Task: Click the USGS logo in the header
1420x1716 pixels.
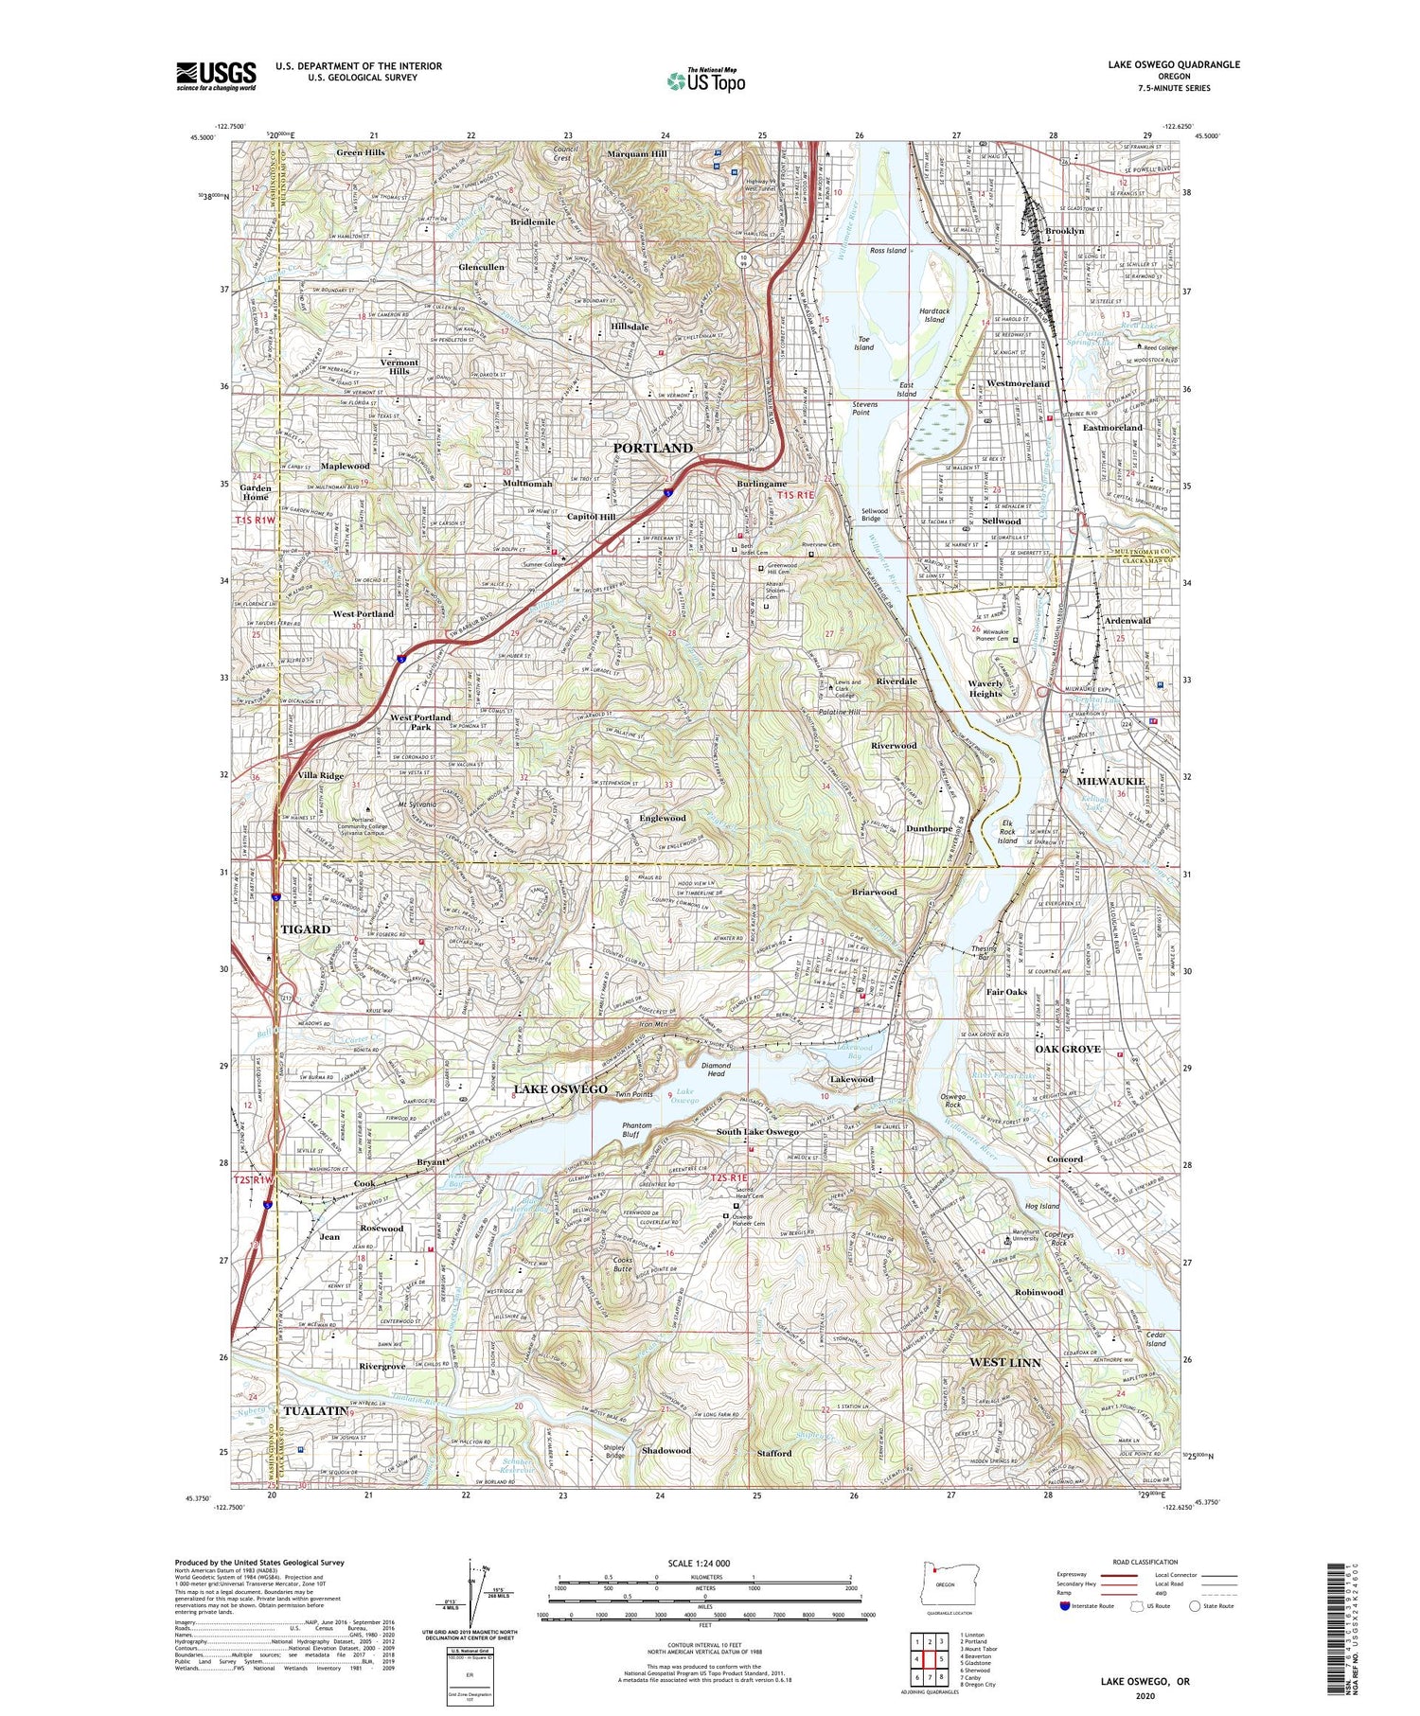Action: pyautogui.click(x=216, y=76)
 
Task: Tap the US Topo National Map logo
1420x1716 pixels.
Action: pyautogui.click(x=706, y=81)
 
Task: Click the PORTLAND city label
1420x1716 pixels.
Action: pyautogui.click(x=652, y=448)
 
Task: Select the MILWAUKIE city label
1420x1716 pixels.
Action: pyautogui.click(x=1109, y=782)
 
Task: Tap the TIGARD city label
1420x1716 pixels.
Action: pyautogui.click(x=305, y=929)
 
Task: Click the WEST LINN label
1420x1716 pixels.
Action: pyautogui.click(x=1004, y=1362)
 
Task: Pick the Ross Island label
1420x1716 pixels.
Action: pyautogui.click(x=888, y=251)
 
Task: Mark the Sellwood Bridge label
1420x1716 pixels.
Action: pyautogui.click(x=871, y=515)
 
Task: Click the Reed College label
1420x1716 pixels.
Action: pyautogui.click(x=1160, y=348)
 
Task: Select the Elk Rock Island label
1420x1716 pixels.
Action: pyautogui.click(x=1007, y=832)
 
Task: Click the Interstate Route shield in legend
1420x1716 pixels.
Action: pyautogui.click(x=1065, y=1606)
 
